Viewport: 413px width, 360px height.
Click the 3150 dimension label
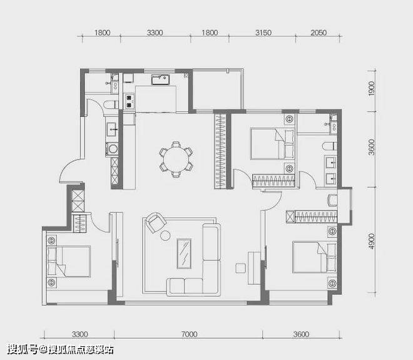point(263,33)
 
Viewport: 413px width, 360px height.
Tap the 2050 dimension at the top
point(318,33)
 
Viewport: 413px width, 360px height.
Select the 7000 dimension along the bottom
point(189,334)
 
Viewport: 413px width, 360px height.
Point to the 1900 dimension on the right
point(371,88)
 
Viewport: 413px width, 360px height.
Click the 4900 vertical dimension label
point(371,241)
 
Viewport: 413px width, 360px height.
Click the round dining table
point(176,160)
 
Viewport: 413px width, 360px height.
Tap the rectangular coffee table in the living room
point(184,254)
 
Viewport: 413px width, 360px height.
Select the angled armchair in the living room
point(156,222)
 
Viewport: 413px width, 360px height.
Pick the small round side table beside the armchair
point(165,235)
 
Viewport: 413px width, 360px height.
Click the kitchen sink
point(160,80)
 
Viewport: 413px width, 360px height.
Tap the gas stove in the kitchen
point(129,101)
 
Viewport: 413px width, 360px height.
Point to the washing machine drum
point(113,149)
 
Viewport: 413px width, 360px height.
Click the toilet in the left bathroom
point(111,105)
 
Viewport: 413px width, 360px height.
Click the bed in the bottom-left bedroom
point(69,262)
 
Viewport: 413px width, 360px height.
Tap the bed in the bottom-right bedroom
point(315,257)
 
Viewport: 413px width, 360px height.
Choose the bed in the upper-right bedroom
point(272,144)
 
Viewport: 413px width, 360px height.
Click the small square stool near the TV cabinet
point(240,269)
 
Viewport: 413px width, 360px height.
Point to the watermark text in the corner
point(61,350)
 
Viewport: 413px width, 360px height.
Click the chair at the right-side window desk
point(332,200)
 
